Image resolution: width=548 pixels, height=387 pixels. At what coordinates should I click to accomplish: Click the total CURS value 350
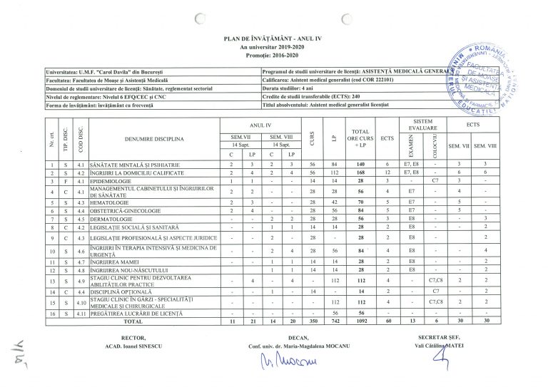tap(313, 321)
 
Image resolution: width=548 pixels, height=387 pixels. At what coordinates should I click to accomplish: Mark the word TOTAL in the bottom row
tap(133, 321)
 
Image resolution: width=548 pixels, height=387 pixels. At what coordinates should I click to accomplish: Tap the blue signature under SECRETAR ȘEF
tap(448, 361)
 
